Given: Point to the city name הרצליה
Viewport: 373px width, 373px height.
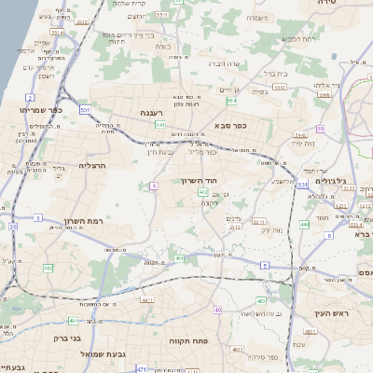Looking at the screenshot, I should pos(94,165).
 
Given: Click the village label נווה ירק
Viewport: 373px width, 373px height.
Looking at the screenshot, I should pos(272,230).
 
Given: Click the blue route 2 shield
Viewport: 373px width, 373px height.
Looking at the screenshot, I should pos(30,96).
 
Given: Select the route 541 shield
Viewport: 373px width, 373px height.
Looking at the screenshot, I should pos(160,124).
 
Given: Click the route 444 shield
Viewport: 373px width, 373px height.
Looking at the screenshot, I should pos(305,224).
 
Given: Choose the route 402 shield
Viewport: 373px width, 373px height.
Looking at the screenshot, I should pos(202,191).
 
